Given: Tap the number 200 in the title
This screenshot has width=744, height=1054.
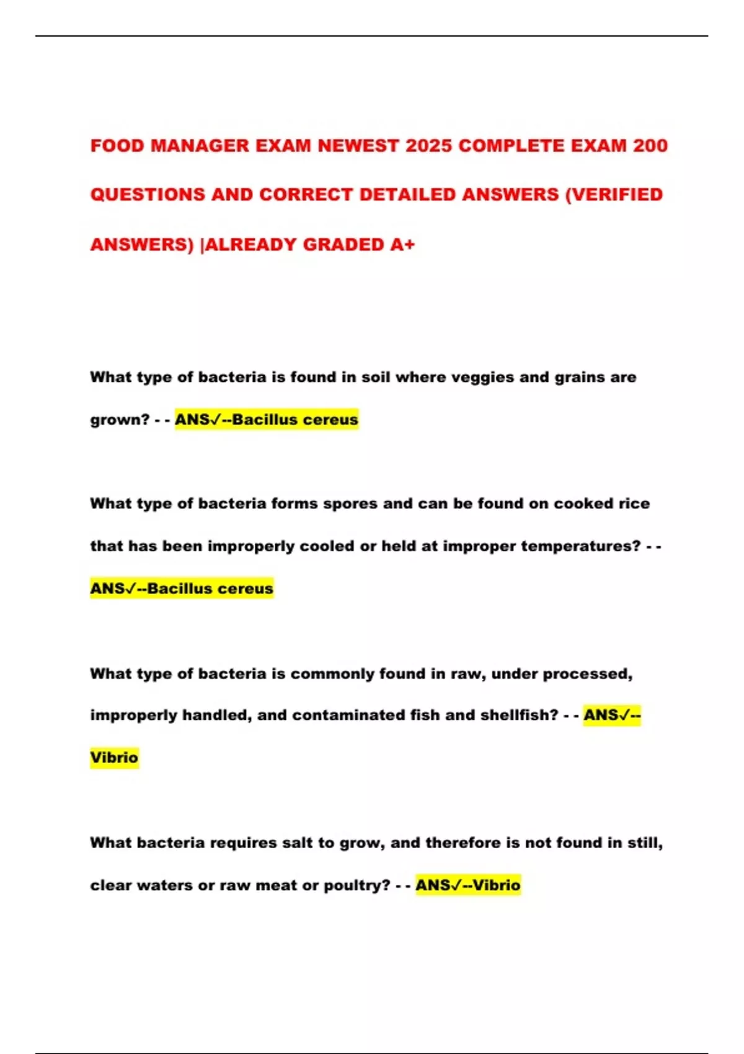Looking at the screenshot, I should [x=650, y=146].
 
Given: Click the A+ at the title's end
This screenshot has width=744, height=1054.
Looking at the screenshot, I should [x=402, y=244].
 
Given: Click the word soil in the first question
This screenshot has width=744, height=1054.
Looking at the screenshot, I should [x=376, y=377].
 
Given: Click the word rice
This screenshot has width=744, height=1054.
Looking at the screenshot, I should [x=634, y=503].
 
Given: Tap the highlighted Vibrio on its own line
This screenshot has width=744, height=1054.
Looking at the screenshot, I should [x=114, y=758].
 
